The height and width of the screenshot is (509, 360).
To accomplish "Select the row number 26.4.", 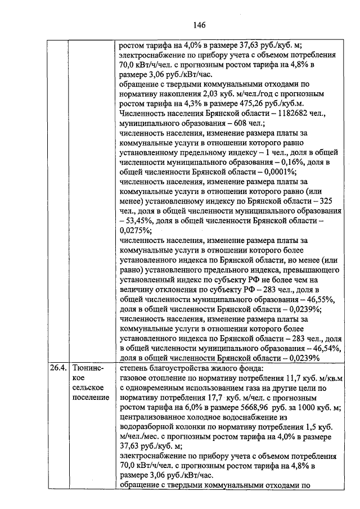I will (57, 369).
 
